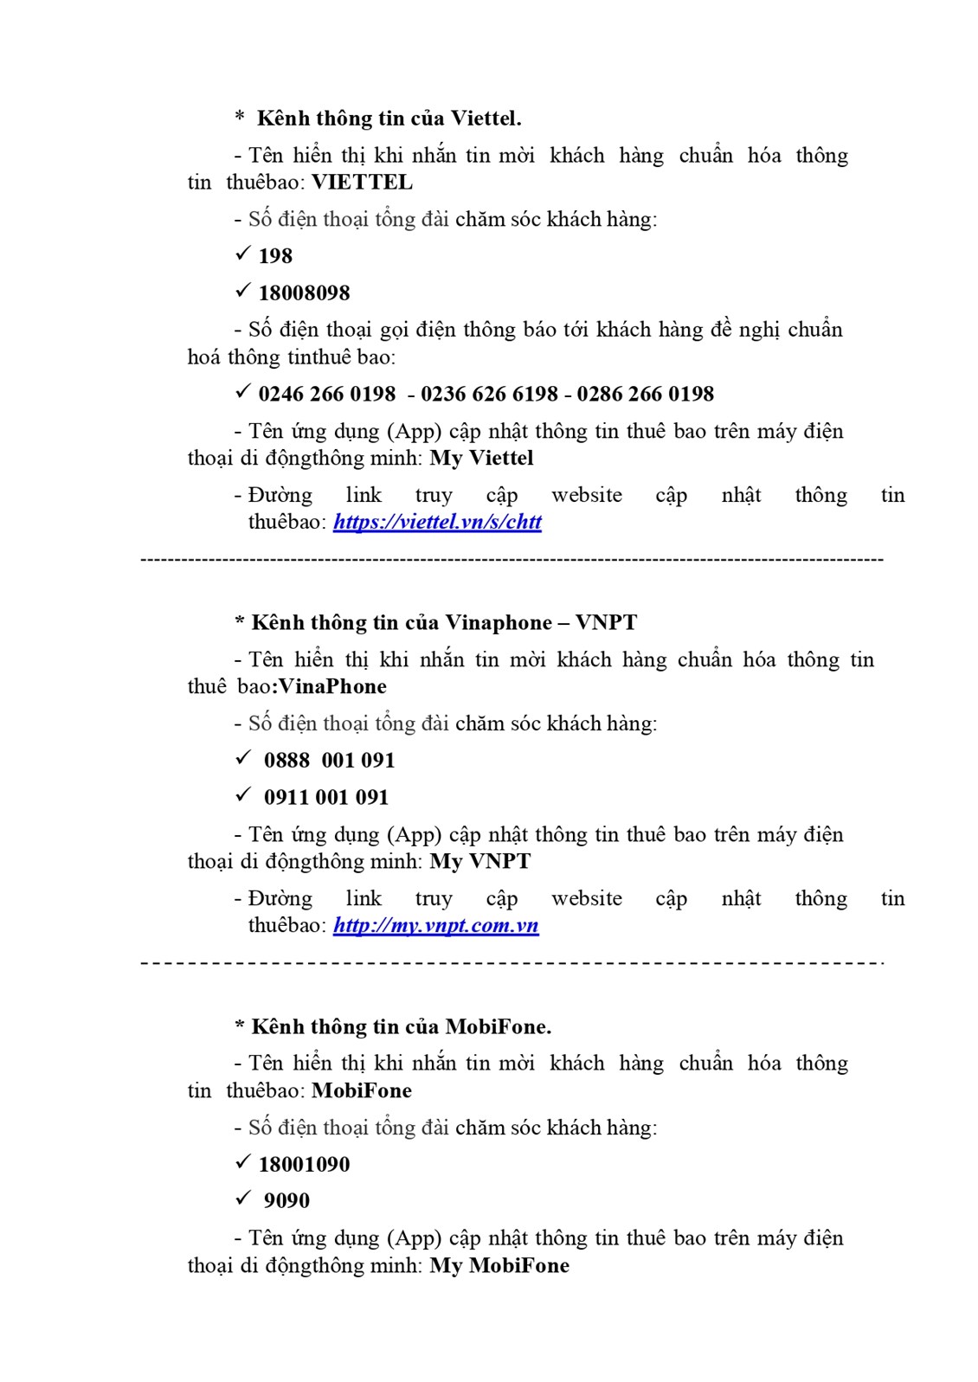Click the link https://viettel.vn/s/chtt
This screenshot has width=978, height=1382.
coord(437,522)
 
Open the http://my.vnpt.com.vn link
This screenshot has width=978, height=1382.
coord(435,925)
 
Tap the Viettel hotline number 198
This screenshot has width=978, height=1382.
coord(275,256)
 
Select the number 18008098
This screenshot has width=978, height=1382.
coord(304,293)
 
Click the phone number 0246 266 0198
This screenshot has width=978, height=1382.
coord(326,395)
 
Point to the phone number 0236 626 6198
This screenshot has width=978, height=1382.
coord(489,395)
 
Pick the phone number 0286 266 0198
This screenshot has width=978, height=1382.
coord(645,395)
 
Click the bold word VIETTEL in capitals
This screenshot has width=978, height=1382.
coord(362,183)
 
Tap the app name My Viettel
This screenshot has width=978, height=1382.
coord(481,458)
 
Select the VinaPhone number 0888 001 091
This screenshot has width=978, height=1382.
coord(329,761)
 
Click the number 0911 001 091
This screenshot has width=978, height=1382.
coord(326,798)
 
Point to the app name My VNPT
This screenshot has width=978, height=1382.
coord(479,862)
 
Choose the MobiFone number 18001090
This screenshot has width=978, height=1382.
coord(304,1165)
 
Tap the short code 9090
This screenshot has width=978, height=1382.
coord(286,1201)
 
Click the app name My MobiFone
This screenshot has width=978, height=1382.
coord(499,1266)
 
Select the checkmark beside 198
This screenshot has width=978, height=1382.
coord(242,255)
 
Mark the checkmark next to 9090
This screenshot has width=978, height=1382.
coord(242,1200)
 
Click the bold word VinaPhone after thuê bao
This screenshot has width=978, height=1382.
coord(332,687)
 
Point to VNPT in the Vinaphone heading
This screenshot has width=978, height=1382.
coord(606,623)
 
